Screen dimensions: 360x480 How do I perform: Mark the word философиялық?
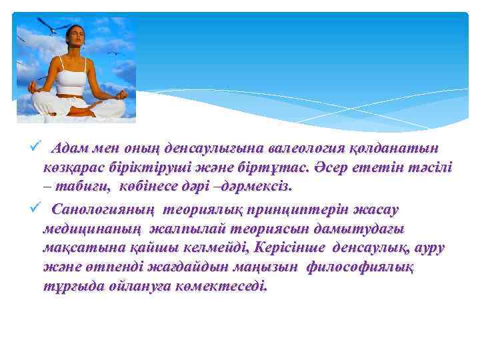pos(361,267)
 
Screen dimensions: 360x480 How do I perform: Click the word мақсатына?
pos(73,248)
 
